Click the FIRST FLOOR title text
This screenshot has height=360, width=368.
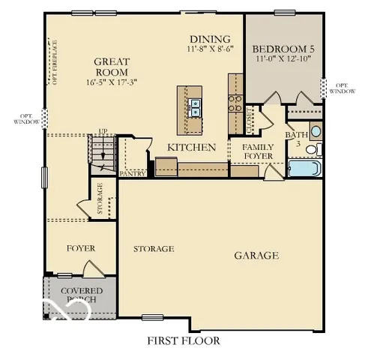[x=184, y=341]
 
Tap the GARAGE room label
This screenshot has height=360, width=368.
[x=256, y=256]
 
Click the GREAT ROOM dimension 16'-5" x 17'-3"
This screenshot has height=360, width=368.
[x=112, y=82]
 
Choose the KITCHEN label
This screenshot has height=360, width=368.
[x=192, y=148]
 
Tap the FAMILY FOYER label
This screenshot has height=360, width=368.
[x=258, y=151]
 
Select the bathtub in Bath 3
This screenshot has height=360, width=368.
[x=304, y=167]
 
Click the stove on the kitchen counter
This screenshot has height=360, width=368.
[x=235, y=102]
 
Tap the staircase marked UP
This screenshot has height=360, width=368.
[x=102, y=153]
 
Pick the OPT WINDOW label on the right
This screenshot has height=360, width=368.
[x=341, y=88]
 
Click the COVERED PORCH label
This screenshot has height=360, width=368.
[x=82, y=295]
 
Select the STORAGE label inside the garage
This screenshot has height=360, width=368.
[x=154, y=248]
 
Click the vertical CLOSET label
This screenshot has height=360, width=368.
[x=250, y=120]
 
